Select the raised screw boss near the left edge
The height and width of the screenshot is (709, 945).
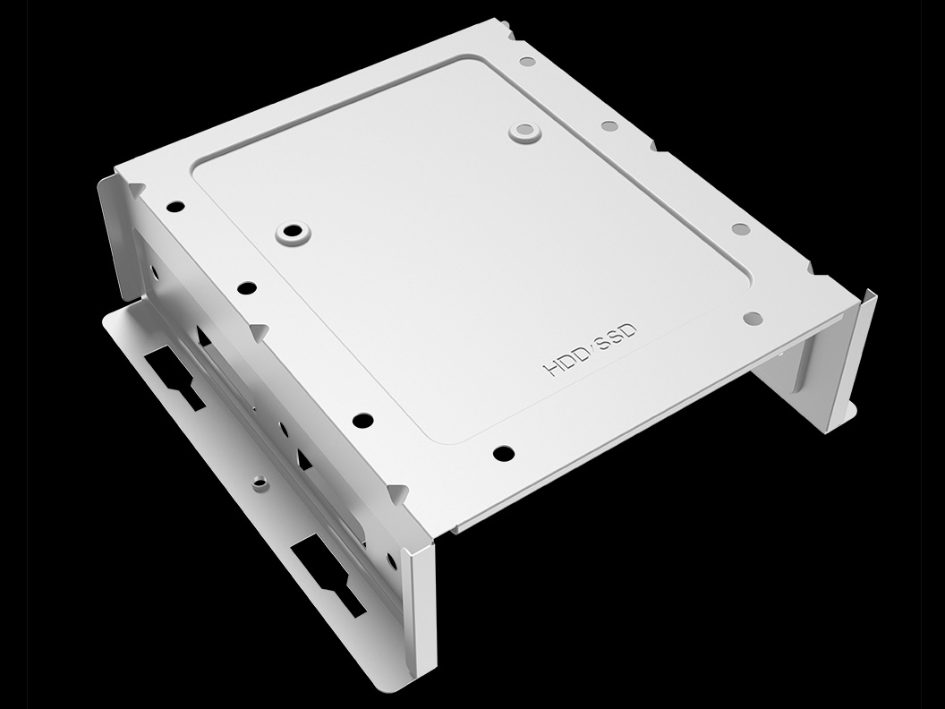point(291,232)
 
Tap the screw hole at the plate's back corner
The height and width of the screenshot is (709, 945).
point(527,62)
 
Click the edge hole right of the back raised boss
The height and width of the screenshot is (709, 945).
point(609,126)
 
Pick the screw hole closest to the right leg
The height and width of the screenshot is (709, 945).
point(753,317)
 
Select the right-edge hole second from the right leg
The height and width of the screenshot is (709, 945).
point(740,229)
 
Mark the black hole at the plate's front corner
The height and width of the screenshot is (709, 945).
point(504,453)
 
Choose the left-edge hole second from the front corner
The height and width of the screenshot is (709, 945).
point(362,420)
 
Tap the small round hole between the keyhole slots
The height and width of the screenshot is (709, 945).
point(259,484)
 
